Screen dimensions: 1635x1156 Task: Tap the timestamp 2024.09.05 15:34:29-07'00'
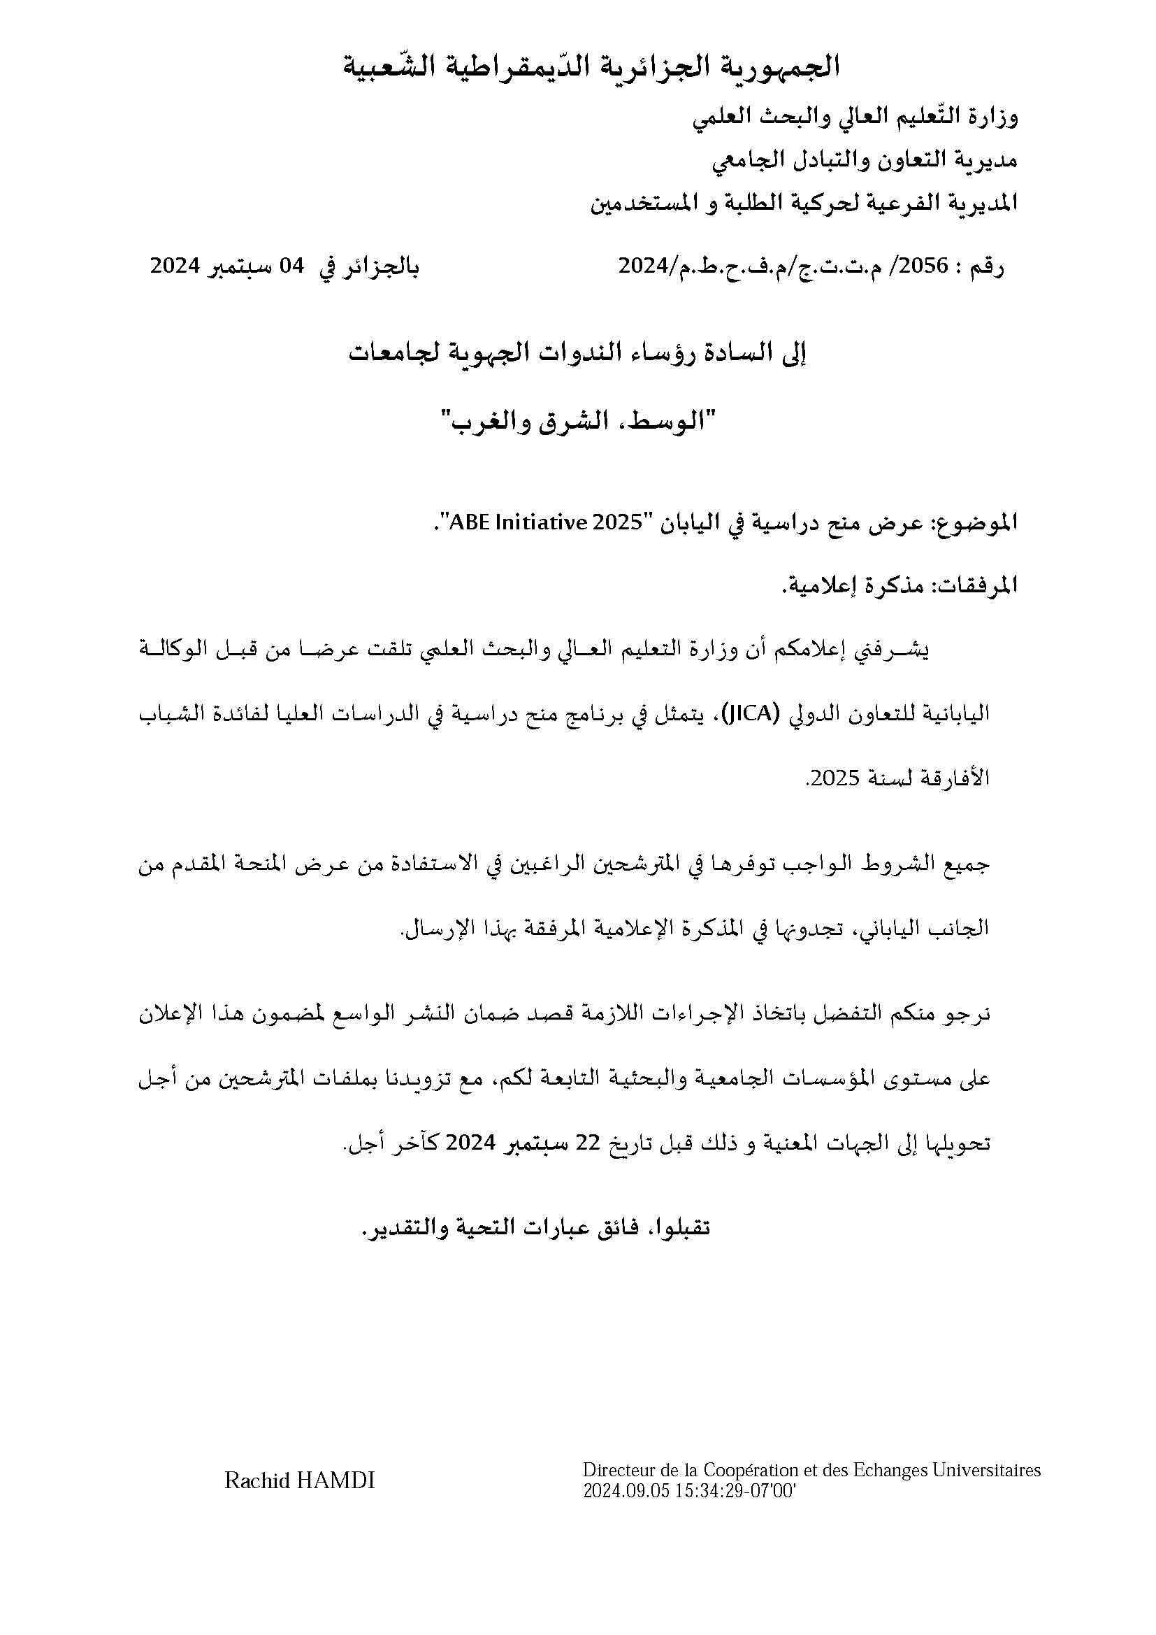[688, 1492]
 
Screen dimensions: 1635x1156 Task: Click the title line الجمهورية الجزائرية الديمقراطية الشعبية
[591, 67]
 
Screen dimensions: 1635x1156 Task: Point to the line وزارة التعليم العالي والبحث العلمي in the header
[855, 117]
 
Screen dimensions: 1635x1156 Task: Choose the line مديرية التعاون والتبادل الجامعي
[865, 160]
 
